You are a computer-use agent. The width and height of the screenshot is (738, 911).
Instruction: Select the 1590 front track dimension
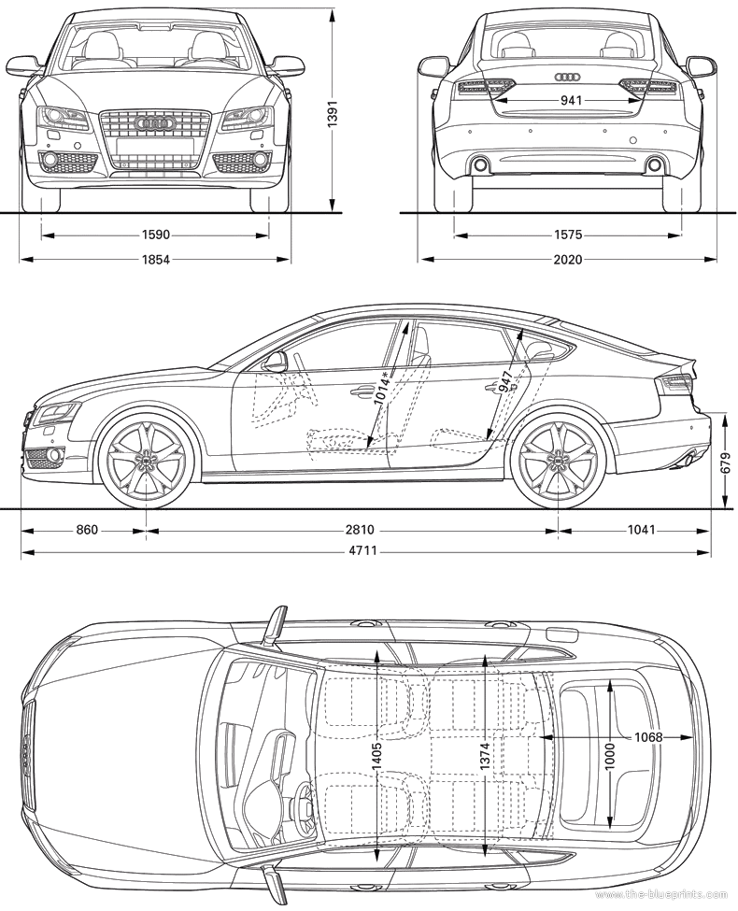[155, 235]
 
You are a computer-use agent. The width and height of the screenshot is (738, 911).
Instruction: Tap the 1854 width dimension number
[155, 260]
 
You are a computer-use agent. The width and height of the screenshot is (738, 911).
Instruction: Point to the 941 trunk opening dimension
[571, 101]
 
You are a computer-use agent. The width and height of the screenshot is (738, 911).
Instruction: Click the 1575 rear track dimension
[568, 235]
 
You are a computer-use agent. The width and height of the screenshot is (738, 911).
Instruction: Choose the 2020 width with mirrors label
[568, 260]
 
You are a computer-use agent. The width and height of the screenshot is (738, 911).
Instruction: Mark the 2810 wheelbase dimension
[361, 530]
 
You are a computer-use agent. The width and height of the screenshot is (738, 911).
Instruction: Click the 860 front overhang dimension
[87, 530]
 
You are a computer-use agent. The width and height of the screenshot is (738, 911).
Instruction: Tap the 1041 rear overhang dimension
[642, 530]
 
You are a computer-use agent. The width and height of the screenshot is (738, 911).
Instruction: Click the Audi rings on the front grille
[154, 122]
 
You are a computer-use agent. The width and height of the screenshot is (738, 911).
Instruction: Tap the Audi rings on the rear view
[566, 78]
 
